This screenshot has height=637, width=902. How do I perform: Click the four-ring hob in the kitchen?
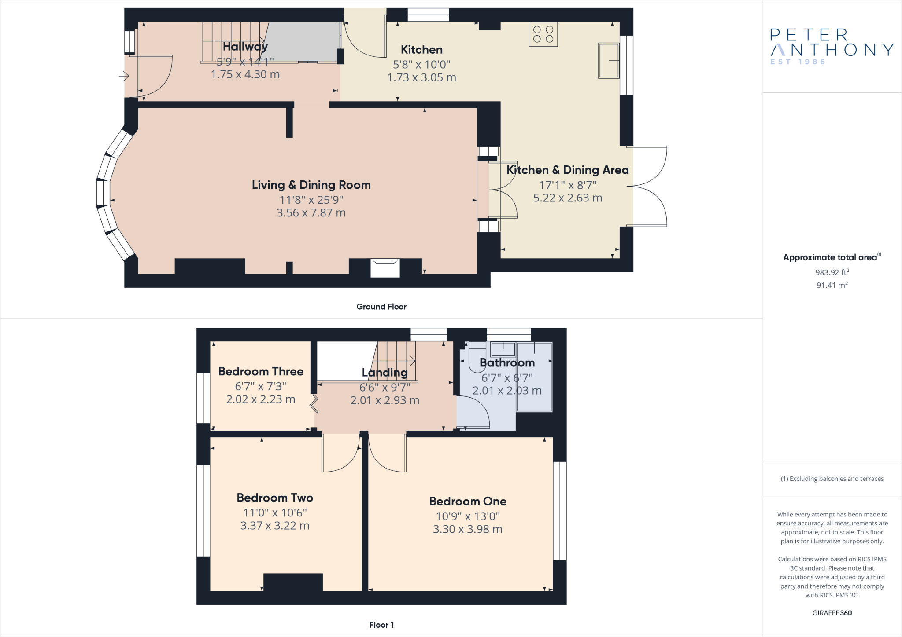pos(543,34)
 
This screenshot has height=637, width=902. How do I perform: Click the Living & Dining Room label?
pos(311,185)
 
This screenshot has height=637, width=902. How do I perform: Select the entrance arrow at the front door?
pos(124,77)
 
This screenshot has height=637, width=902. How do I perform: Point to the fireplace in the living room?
pos(385,267)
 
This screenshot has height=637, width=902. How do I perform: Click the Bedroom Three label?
pos(261,371)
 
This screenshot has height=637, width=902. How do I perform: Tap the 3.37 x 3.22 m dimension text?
pos(275,526)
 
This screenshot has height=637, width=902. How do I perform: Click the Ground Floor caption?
pos(381,307)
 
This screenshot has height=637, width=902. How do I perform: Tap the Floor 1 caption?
pos(381,625)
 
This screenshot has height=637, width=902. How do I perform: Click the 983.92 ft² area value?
pos(832,272)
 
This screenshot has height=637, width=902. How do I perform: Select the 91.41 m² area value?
pos(832,285)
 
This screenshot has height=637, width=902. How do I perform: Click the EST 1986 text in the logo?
pos(798,62)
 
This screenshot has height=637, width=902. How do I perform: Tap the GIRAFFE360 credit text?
pos(832,613)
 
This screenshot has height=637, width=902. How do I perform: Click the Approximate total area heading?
pos(830,258)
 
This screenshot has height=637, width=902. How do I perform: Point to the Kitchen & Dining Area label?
pos(567,170)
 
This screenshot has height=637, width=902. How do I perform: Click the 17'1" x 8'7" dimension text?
pos(567,185)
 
